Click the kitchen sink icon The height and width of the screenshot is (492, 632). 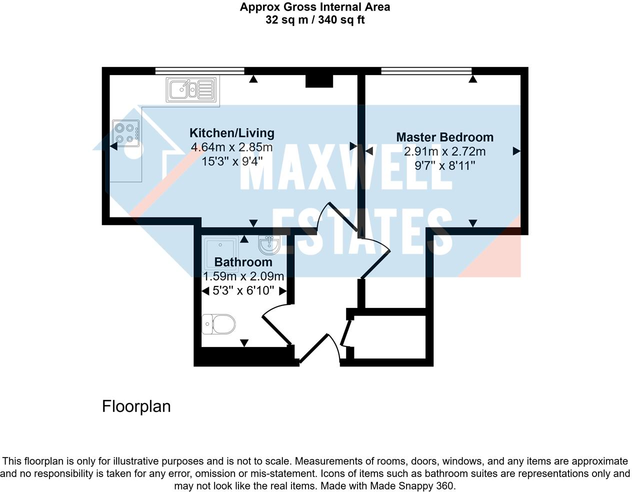click(x=191, y=89)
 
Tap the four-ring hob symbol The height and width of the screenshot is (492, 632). click(x=126, y=133)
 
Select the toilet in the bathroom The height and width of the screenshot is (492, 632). click(x=218, y=324)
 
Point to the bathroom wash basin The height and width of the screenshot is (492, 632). click(x=269, y=244)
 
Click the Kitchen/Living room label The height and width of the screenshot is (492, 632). click(x=232, y=133)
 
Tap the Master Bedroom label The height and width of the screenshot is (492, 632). click(x=444, y=137)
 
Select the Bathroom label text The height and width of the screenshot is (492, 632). click(x=243, y=262)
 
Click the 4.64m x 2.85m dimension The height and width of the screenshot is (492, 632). click(x=232, y=147)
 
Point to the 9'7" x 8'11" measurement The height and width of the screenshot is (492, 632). click(x=444, y=165)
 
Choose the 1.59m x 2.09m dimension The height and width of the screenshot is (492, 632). click(x=243, y=276)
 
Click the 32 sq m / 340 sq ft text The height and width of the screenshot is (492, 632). click(x=315, y=20)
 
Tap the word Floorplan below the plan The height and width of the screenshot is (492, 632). click(x=136, y=406)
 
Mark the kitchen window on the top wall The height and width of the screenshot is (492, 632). click(x=200, y=70)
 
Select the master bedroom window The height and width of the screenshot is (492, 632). click(x=426, y=70)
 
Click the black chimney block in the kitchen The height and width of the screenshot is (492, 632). click(x=319, y=81)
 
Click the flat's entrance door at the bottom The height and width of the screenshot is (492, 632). click(x=320, y=348)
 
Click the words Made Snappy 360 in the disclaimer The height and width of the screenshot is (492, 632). click(x=412, y=485)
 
